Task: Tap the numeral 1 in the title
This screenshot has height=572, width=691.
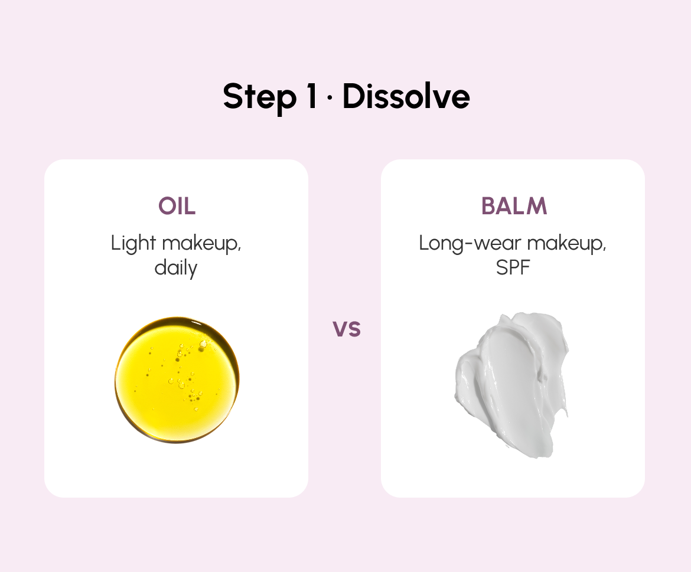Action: (x=312, y=96)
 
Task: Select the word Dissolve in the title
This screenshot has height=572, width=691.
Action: (x=406, y=96)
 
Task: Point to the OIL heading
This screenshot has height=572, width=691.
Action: (x=177, y=205)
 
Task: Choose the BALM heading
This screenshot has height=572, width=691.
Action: (x=514, y=205)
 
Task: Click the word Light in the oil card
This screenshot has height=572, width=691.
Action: (x=133, y=244)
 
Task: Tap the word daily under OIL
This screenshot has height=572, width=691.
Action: (x=176, y=268)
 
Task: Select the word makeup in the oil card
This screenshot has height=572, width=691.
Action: (x=201, y=244)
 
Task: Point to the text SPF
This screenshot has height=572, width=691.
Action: (x=513, y=268)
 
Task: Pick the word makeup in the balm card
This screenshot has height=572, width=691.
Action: (x=567, y=244)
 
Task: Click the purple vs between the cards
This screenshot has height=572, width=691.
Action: (x=347, y=329)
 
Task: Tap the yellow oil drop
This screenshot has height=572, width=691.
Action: (x=177, y=380)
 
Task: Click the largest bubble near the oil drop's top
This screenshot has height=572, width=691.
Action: (x=203, y=344)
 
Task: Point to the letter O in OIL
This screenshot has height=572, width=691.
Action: (x=167, y=205)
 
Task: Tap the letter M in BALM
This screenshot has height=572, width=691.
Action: (x=537, y=205)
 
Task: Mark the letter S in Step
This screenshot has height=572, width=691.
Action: (x=232, y=96)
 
